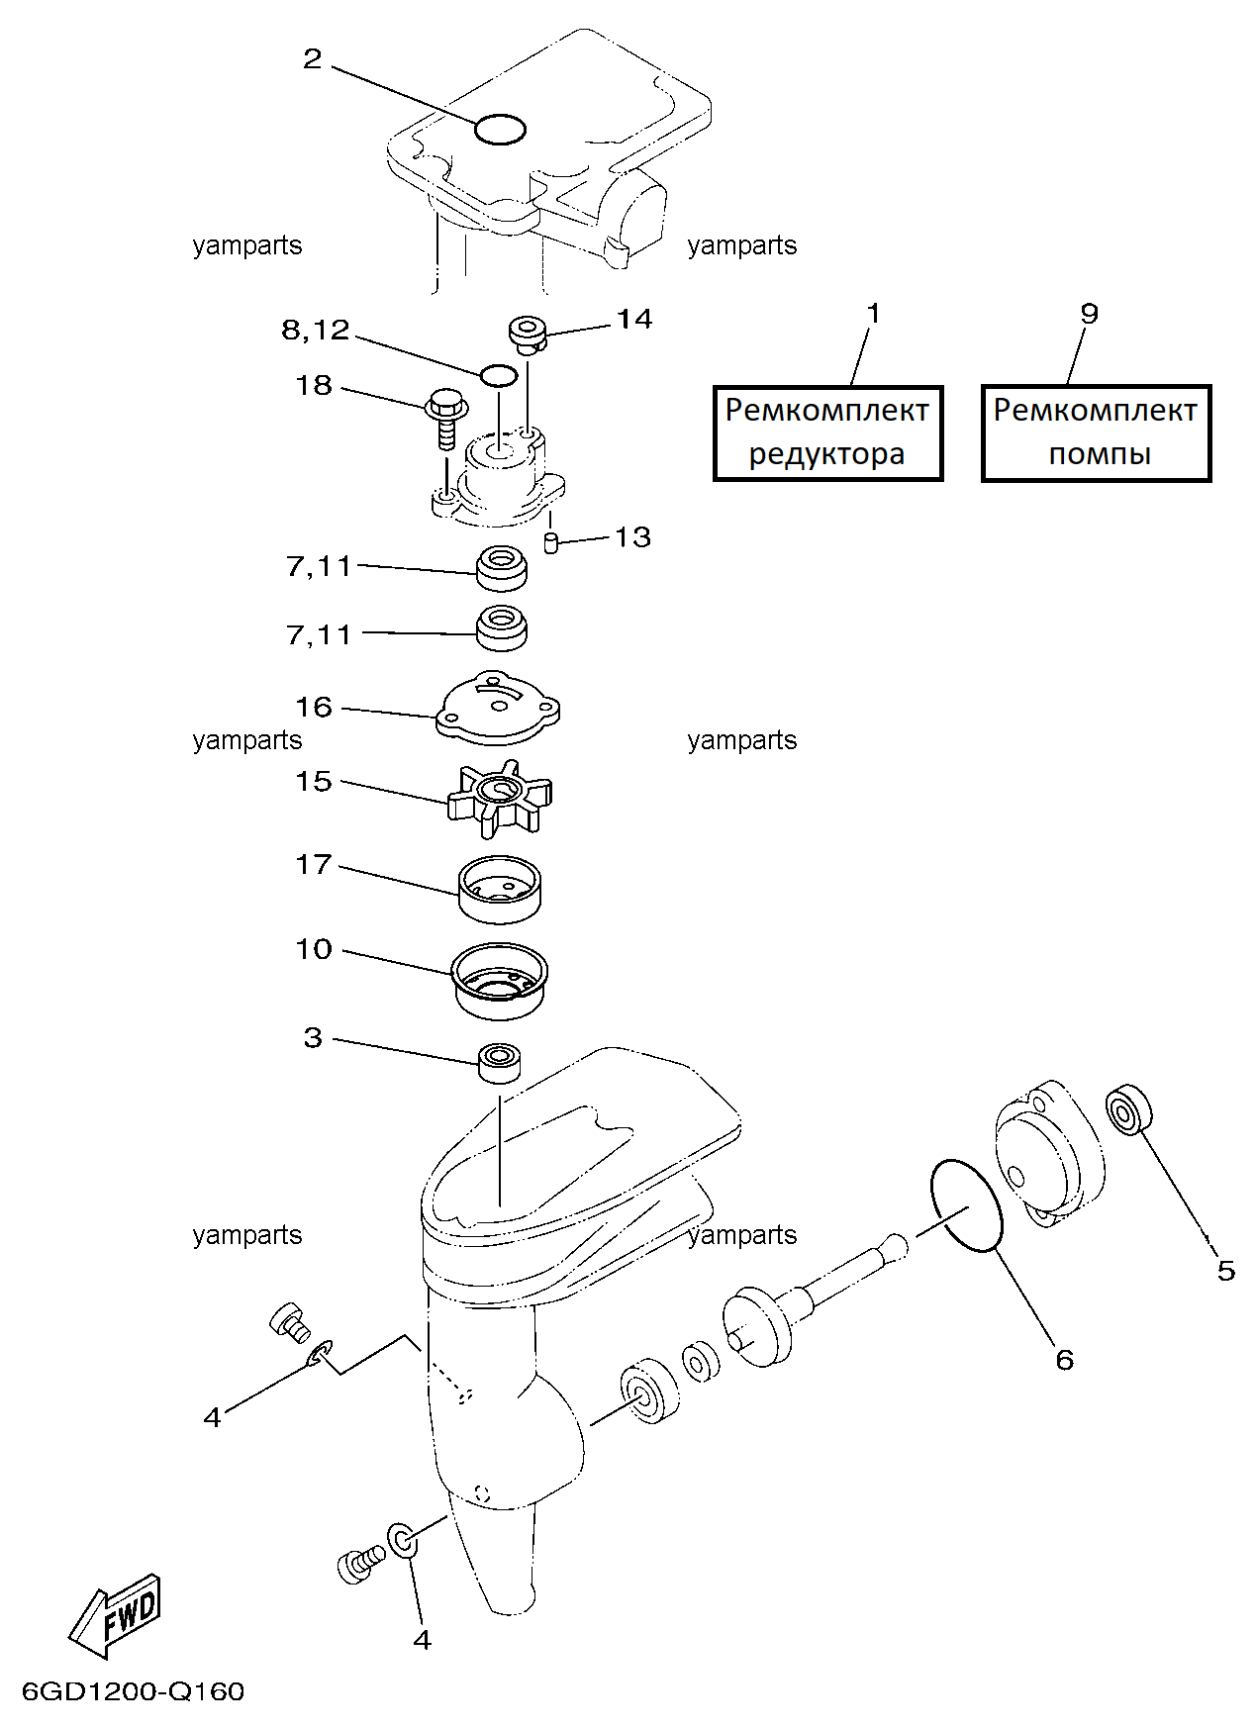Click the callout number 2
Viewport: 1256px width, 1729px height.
click(313, 59)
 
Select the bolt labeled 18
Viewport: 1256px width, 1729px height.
click(444, 419)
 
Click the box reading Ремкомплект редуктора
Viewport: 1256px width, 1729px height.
click(827, 432)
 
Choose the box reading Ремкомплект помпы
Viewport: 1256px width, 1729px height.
click(1096, 432)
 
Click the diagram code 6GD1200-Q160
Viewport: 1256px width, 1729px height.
click(133, 1691)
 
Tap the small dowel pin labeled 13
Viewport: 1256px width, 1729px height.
click(552, 542)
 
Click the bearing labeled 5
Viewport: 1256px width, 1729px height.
click(1128, 1110)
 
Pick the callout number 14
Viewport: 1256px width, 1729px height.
click(634, 319)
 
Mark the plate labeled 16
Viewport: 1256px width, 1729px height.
click(498, 708)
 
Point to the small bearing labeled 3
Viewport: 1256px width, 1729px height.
click(500, 1063)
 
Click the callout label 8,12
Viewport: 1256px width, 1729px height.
click(316, 330)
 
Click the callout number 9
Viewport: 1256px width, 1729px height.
click(1089, 314)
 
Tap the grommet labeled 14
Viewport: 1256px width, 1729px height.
click(529, 334)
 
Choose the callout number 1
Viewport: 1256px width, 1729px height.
click(873, 314)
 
